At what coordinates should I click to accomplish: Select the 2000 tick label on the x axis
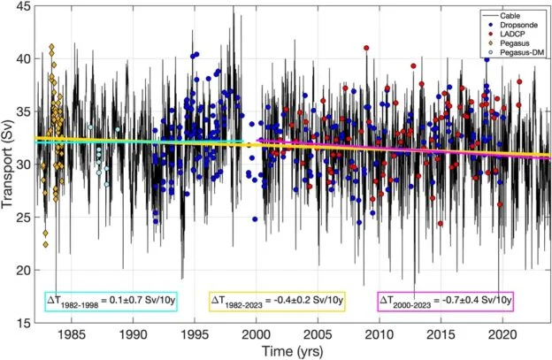(x=256, y=335)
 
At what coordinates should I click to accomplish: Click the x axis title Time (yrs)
(x=292, y=350)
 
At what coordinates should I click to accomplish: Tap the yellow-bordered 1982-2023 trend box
(x=276, y=302)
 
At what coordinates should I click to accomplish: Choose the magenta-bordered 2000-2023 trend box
(x=445, y=302)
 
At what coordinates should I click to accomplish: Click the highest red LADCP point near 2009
(x=366, y=48)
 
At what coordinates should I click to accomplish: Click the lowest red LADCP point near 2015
(x=441, y=224)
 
